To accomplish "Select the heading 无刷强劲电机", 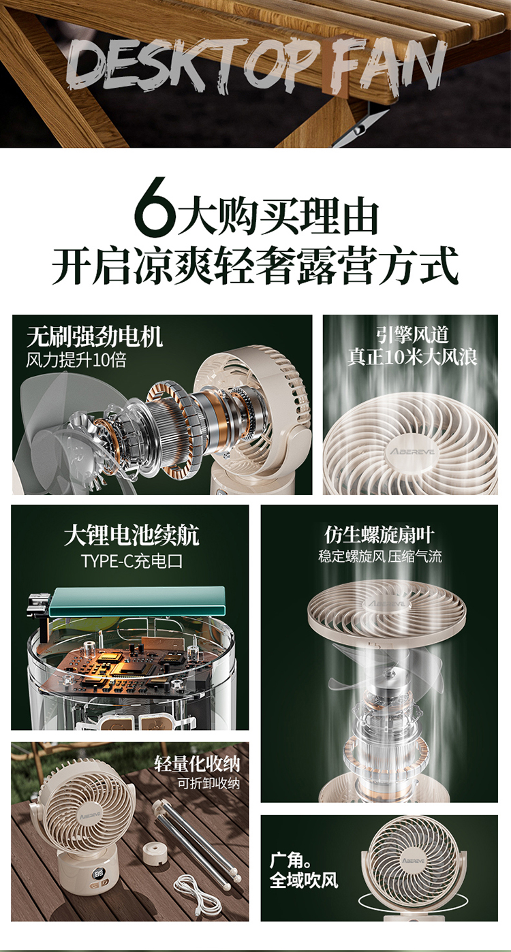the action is [x=95, y=336].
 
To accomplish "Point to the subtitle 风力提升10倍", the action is [x=76, y=360].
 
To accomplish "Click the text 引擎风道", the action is [x=412, y=335].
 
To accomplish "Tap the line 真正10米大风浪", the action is [x=412, y=357].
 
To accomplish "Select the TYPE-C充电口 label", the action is [x=132, y=561].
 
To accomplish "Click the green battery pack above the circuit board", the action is [x=137, y=601].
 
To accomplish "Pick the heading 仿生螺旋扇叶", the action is [x=380, y=535].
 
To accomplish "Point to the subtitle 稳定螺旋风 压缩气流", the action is [x=380, y=556].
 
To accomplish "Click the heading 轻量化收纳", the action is [x=198, y=764].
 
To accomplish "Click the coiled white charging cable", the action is [x=198, y=893].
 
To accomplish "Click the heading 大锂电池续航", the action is [x=131, y=535].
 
